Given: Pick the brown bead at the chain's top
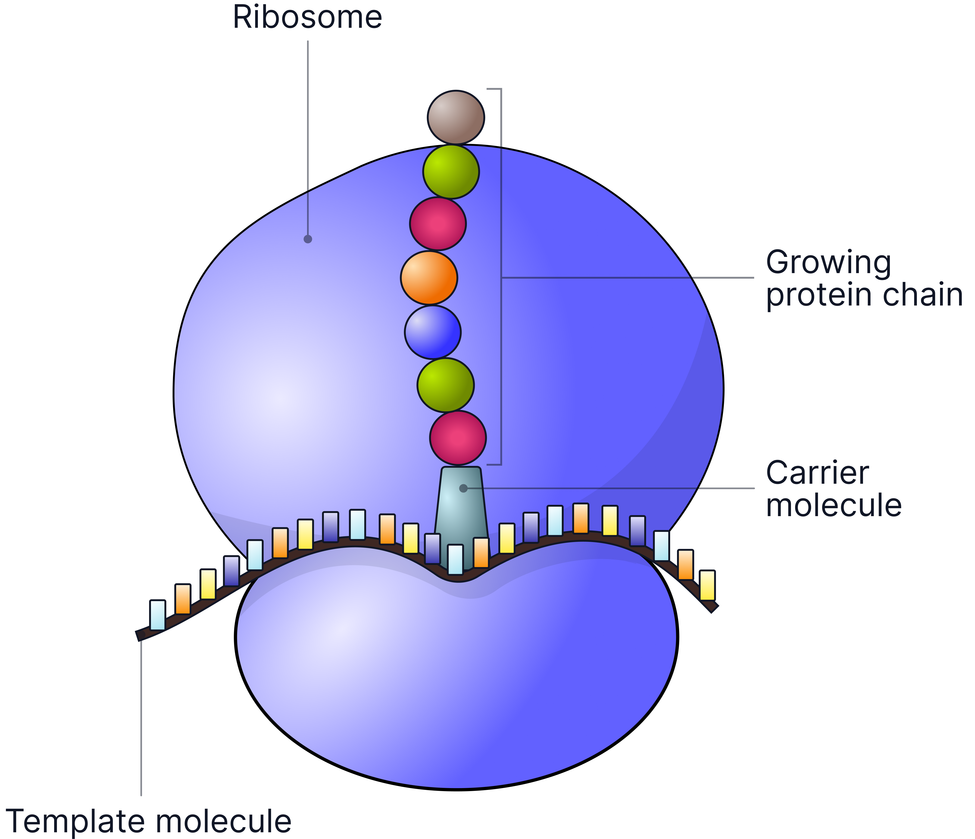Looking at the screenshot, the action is [456, 117].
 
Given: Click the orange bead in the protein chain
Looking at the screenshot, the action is [429, 278].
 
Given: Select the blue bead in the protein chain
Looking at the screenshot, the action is [432, 332].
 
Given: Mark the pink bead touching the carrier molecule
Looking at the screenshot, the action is [457, 438].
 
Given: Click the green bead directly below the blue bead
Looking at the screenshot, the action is [445, 385].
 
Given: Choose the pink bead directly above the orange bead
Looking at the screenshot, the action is [438, 224].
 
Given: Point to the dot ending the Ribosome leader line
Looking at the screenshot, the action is [308, 239].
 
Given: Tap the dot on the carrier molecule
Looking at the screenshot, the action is [463, 488].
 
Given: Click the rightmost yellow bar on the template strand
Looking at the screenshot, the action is [707, 585].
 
